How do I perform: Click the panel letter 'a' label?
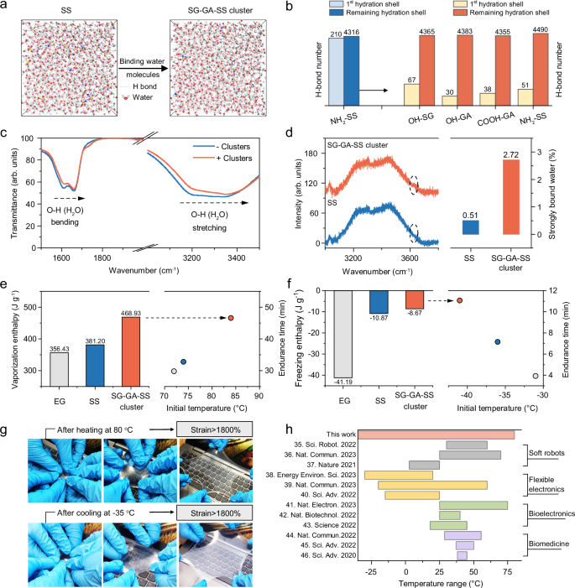tap(6, 8)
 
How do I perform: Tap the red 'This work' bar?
tap(438, 434)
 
